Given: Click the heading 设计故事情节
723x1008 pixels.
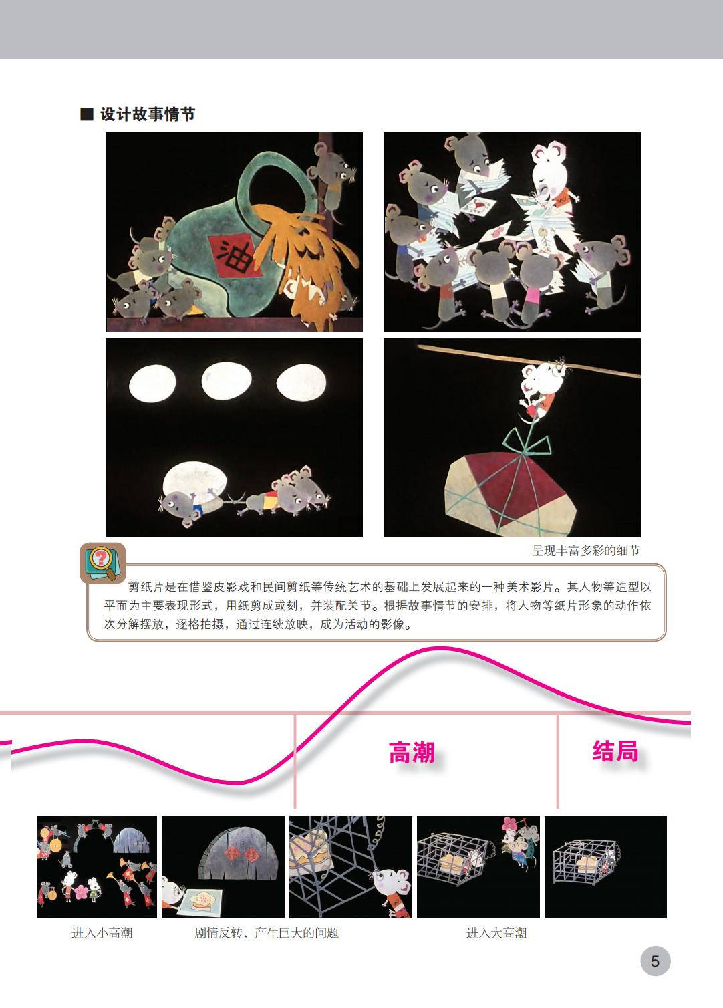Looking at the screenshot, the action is [148, 114].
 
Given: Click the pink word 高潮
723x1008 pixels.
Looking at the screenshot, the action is [412, 753].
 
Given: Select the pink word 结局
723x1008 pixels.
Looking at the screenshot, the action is [615, 751].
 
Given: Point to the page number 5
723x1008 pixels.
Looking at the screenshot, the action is [655, 961].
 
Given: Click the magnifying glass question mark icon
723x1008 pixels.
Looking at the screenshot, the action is [103, 563].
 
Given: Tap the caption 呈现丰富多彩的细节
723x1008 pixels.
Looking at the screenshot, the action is [586, 551].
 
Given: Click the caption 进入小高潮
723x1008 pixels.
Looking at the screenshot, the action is [102, 933].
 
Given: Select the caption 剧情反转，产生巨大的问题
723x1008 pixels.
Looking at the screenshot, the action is [267, 933].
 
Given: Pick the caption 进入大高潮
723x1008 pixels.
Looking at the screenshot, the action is [496, 933].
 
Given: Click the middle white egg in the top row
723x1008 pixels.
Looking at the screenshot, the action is [227, 382].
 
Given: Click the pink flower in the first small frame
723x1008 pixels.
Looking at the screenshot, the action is [82, 891].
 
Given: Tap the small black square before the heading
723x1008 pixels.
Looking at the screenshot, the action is [86, 114].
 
